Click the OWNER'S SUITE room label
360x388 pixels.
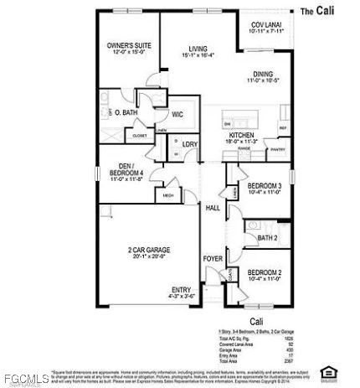click(126, 45)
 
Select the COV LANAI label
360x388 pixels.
click(267, 26)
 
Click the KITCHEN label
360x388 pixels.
click(241, 134)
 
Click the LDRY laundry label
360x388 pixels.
click(190, 144)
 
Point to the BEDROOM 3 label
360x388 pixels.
click(263, 186)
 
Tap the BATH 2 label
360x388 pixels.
click(267, 238)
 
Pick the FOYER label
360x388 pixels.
click(213, 259)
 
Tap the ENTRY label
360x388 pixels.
click(182, 290)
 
